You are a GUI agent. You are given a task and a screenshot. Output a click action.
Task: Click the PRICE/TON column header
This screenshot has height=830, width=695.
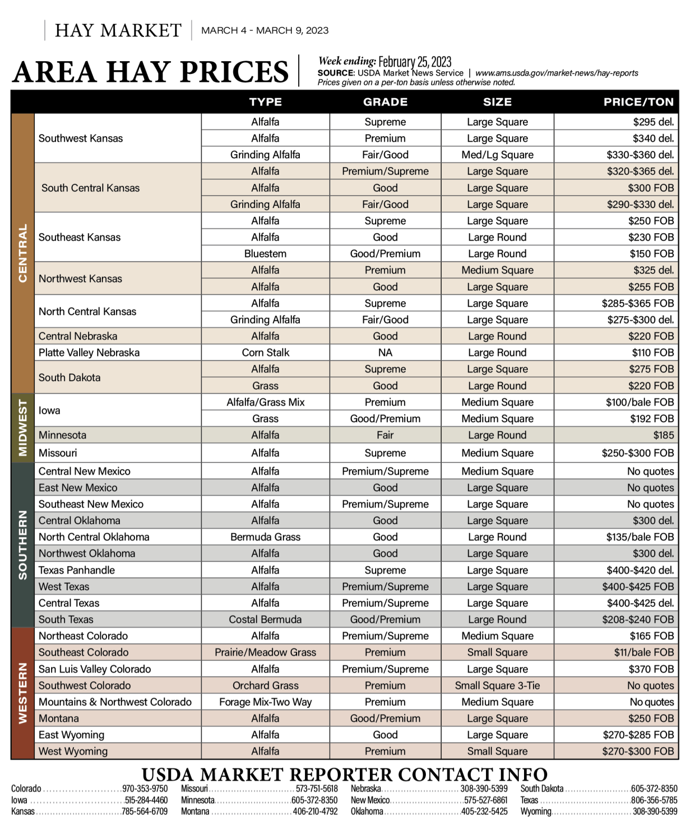tap(638, 102)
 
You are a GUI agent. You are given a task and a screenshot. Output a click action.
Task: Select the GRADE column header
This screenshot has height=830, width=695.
tap(385, 102)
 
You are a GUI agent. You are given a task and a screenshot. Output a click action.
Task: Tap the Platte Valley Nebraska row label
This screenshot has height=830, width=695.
tap(89, 352)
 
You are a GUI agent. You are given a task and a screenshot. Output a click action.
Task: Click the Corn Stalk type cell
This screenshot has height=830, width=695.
tap(265, 352)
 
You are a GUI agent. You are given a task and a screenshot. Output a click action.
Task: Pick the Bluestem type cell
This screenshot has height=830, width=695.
tap(265, 254)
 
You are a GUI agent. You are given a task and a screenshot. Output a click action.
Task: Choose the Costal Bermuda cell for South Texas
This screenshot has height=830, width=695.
tap(265, 619)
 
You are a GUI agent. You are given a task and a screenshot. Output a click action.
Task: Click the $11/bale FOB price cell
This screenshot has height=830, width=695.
tap(643, 652)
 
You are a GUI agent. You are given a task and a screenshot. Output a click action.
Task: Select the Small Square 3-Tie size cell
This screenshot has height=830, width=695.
tap(497, 685)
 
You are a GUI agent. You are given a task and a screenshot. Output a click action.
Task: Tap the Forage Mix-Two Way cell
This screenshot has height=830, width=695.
tap(265, 702)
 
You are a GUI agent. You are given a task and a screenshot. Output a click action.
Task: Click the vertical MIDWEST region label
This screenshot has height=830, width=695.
tap(23, 427)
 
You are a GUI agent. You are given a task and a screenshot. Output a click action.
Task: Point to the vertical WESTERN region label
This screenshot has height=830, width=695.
tap(23, 693)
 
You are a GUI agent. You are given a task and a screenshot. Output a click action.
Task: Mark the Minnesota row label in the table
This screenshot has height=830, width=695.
tap(62, 435)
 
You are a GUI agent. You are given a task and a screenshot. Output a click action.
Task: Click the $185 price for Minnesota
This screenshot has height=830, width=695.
tap(663, 435)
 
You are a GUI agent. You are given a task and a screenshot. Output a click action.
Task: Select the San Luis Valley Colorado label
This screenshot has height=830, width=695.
tap(94, 669)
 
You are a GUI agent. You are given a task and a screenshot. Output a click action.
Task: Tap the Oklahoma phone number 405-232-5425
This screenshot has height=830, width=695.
tap(484, 812)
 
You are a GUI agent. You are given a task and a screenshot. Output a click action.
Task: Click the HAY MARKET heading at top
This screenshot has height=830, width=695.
tap(118, 31)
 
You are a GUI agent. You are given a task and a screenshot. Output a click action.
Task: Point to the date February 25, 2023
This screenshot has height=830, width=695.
tap(415, 62)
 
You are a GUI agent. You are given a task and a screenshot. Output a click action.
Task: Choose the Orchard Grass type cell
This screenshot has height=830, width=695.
tap(265, 685)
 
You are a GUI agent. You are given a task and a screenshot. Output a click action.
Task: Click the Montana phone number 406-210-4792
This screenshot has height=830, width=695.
tap(315, 812)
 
